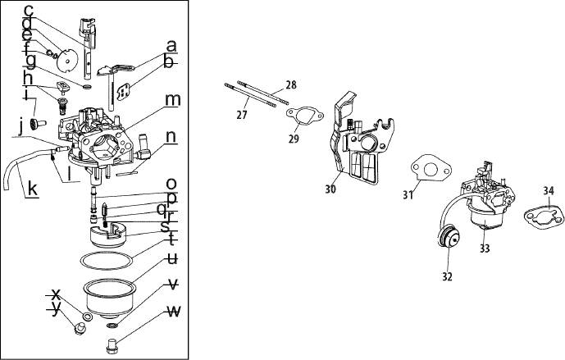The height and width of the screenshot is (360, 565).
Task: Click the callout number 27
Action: tap(242, 115)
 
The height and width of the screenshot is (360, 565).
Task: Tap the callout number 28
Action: tap(291, 84)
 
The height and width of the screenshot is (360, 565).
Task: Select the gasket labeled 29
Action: tap(305, 115)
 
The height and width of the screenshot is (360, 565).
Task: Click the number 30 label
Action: tap(330, 189)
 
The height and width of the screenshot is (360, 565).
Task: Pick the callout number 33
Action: tap(485, 248)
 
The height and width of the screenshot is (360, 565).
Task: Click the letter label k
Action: tap(33, 188)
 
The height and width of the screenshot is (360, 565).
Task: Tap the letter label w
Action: tap(174, 312)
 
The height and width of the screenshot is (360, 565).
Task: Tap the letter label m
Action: tap(172, 100)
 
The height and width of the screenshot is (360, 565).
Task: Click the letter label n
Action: tap(171, 137)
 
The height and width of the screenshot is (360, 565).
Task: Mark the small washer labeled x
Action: tap(87, 317)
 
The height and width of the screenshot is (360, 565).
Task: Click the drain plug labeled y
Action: tap(80, 328)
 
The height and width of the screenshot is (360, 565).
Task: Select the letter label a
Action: tap(172, 46)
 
